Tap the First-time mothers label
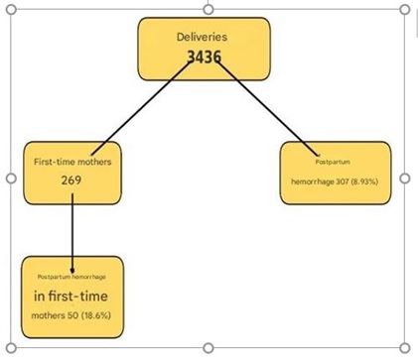coord(71,161)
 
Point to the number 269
coord(70,180)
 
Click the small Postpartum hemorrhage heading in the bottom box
coord(71,276)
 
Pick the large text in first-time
coord(71,296)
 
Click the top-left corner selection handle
coord(11,8)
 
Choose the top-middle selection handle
coord(208,8)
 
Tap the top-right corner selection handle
coord(405,8)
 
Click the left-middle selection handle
coord(11,179)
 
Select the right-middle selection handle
coord(405,179)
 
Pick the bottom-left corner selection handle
coord(11,348)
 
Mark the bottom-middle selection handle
coord(208,348)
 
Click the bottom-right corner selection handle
coord(405,348)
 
